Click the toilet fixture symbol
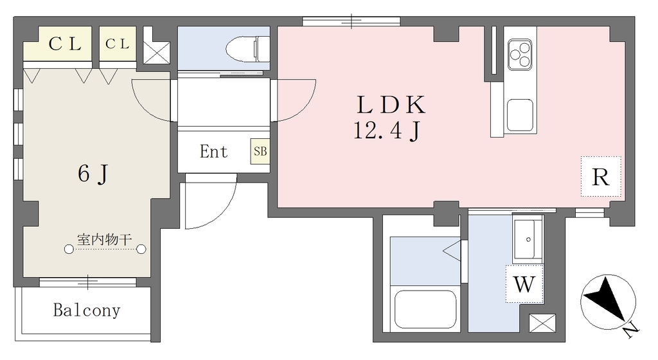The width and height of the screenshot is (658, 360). point(248,49)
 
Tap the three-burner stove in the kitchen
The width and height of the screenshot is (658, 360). point(520,55)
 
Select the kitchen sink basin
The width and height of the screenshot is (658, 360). point(520,115)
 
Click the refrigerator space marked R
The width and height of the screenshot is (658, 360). point(601,176)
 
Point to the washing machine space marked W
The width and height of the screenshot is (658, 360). point(524,284)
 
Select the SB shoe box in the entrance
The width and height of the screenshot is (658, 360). point(260,151)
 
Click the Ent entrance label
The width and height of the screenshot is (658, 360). point(213,152)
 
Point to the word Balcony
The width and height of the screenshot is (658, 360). point(87,310)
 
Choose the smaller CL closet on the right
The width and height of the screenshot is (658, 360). point(118,44)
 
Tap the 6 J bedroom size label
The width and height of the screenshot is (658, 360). point(93,174)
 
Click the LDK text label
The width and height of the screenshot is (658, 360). point(391,105)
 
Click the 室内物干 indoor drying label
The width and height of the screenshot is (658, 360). point(105,240)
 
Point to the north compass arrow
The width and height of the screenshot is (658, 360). point(605,298)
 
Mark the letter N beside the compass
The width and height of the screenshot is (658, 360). point(631,331)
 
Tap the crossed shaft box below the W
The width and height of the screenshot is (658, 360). point(542,323)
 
